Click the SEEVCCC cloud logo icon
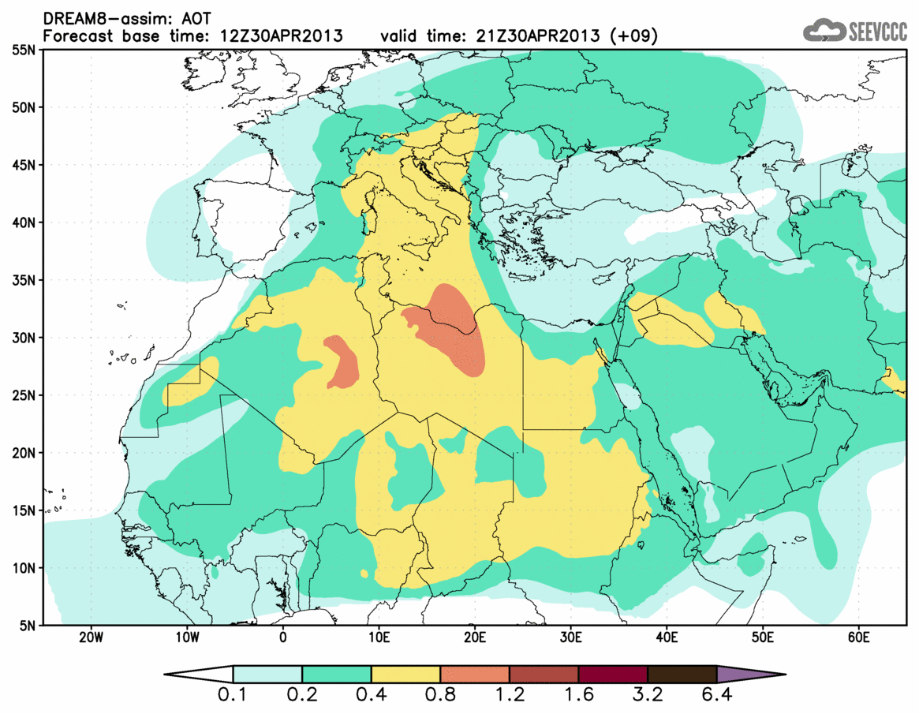click(824, 31)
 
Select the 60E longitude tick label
click(858, 637)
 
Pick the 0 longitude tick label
click(282, 637)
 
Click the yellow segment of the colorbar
click(405, 675)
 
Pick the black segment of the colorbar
click(682, 675)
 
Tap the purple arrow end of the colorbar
click(749, 675)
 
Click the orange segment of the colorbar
click(474, 675)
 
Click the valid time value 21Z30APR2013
click(543, 36)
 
